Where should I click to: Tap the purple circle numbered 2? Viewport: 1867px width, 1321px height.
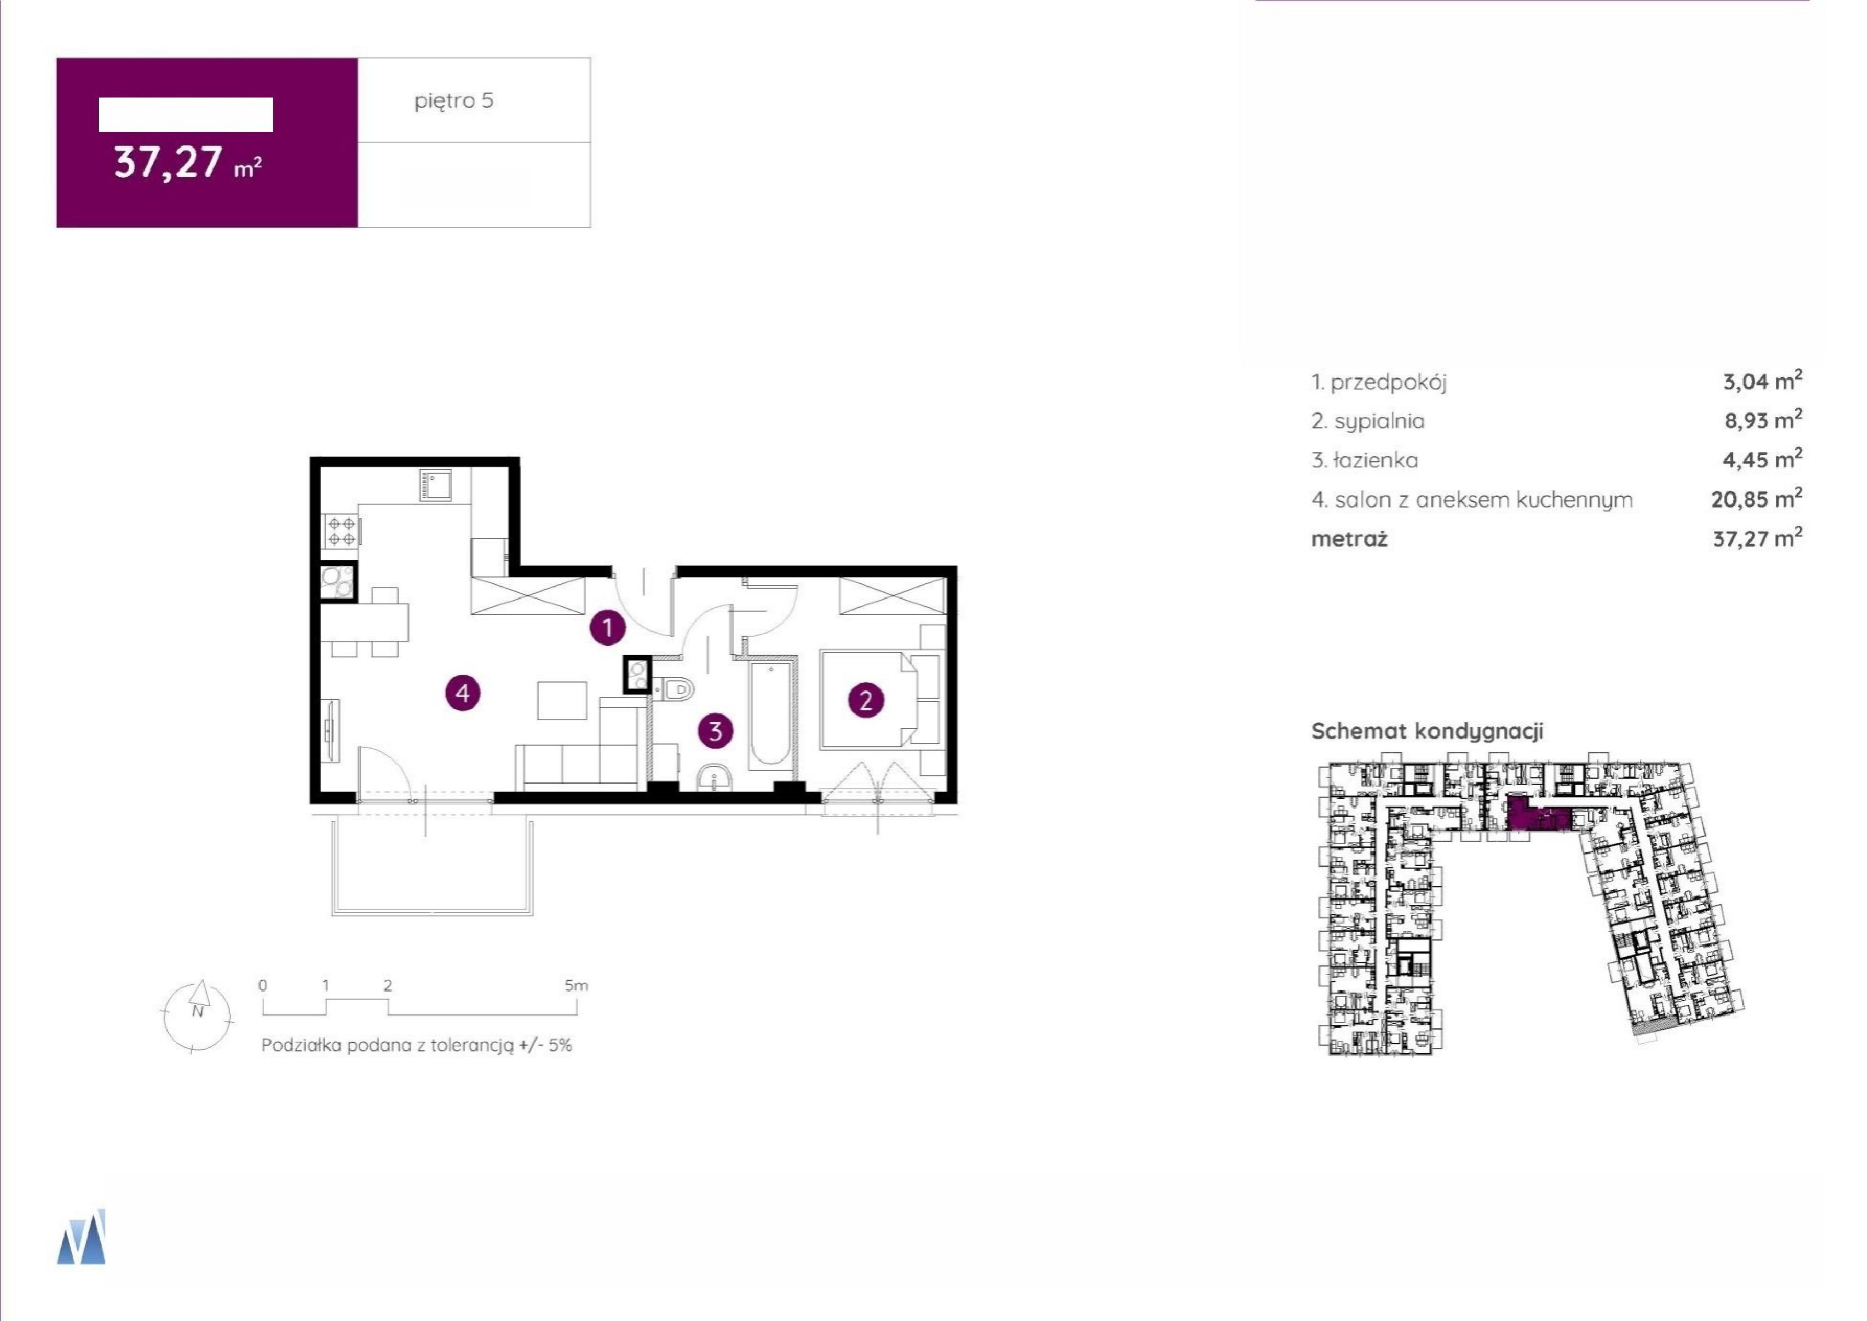point(865,701)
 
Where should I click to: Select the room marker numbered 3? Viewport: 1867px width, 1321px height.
point(715,730)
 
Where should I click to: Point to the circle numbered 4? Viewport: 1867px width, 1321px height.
point(463,693)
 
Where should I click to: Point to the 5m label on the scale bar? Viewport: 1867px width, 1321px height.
point(576,986)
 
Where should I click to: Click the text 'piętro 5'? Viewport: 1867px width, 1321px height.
point(454,101)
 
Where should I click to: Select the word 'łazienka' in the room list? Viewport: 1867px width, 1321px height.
point(1376,460)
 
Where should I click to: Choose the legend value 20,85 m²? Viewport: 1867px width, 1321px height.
point(1757,499)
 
